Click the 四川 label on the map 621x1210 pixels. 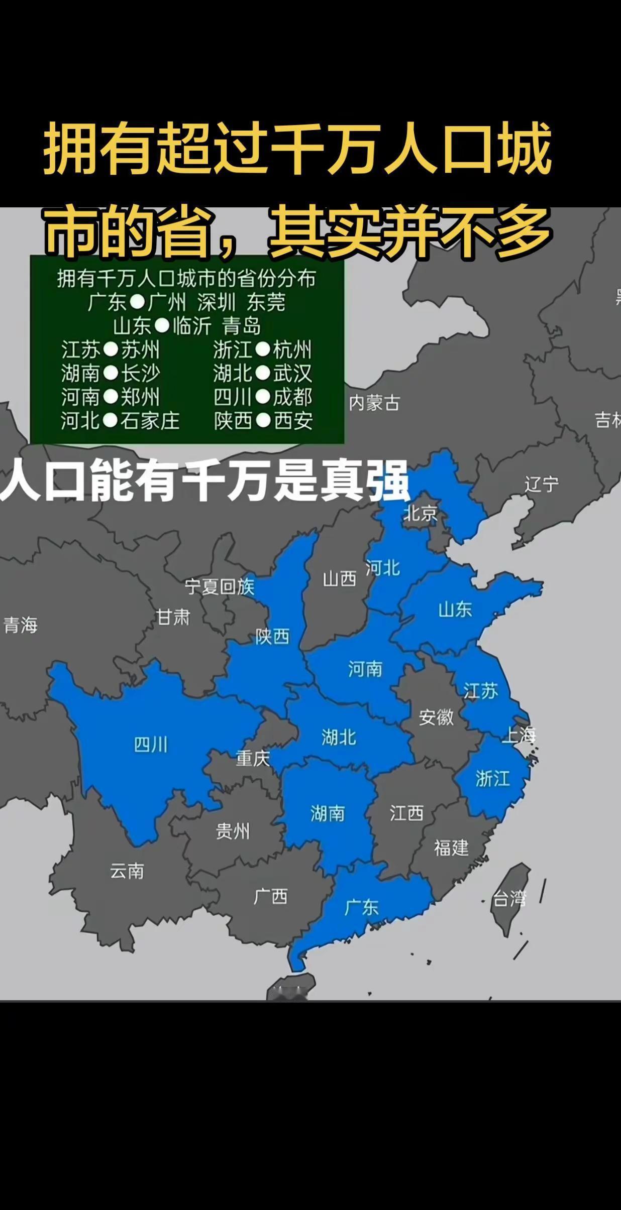150,744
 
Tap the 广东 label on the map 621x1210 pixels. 362,907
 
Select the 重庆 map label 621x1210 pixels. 253,758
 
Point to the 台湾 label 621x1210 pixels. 509,899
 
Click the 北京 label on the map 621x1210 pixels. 421,513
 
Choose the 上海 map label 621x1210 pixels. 519,735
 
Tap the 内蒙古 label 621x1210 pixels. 374,403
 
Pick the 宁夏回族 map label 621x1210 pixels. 220,586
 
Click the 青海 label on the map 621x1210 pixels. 21,625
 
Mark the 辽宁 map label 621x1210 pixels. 542,485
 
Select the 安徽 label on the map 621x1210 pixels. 436,717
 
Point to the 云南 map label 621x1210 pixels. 127,871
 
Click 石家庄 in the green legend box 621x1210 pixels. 150,421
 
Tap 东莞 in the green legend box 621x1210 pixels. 266,302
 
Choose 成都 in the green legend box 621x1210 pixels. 292,397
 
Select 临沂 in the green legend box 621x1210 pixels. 191,326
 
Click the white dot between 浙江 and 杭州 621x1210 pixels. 263,349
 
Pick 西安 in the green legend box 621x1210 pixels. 293,421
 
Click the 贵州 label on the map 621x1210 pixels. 233,831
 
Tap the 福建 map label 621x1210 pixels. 451,848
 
